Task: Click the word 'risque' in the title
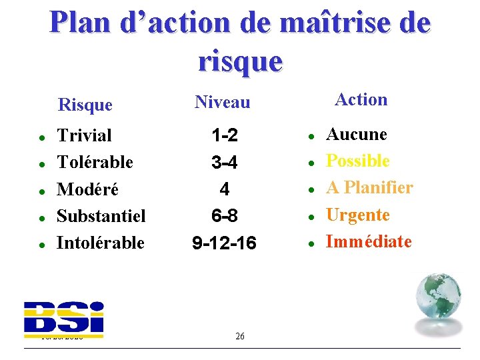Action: click(240, 61)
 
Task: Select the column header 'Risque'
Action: click(85, 105)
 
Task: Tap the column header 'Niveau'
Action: click(223, 102)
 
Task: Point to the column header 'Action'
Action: click(361, 99)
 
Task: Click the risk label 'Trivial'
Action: click(85, 135)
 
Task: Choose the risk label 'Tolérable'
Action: click(95, 162)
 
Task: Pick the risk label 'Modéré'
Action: click(88, 189)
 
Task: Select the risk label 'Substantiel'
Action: click(101, 216)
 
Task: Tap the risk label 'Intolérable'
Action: click(101, 243)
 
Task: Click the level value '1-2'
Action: click(225, 136)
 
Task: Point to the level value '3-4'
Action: click(225, 163)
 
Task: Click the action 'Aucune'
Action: click(356, 134)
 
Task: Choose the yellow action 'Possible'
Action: click(357, 161)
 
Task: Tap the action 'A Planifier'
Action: click(369, 188)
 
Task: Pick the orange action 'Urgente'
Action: click(357, 215)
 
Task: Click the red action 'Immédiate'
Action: click(369, 241)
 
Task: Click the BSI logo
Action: click(64, 317)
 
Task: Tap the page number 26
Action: click(240, 336)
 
